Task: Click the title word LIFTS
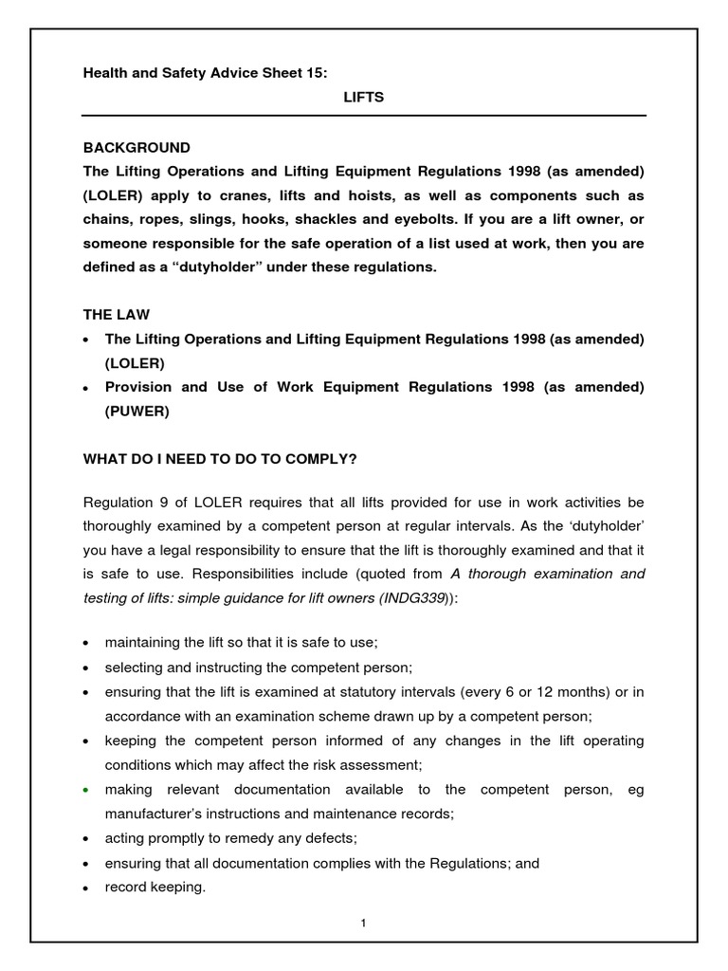tap(363, 98)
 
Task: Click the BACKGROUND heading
tap(136, 148)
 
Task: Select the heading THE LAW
tap(117, 314)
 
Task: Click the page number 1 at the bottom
tap(363, 924)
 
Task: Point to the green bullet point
tap(87, 790)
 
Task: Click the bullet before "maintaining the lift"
tap(87, 643)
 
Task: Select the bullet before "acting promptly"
tap(87, 839)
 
